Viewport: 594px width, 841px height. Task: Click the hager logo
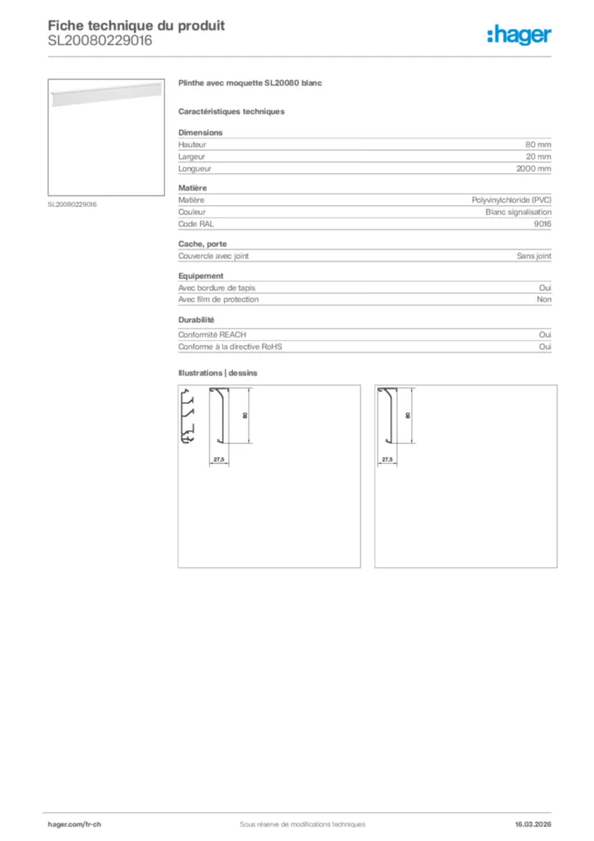click(519, 34)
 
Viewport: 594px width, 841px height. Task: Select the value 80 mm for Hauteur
click(538, 145)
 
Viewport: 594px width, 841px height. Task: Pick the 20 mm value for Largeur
click(538, 156)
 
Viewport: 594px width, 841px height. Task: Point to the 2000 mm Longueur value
click(533, 168)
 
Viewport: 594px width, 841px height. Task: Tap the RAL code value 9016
click(542, 223)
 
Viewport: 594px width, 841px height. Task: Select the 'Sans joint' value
click(534, 255)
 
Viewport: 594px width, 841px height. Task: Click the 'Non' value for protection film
click(544, 299)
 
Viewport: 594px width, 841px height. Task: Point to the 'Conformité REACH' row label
click(212, 335)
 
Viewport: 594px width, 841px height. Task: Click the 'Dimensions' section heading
click(200, 132)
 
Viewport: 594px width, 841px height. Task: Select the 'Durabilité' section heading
click(196, 320)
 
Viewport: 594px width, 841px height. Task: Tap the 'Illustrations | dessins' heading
click(217, 373)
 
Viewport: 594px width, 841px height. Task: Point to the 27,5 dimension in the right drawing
click(387, 459)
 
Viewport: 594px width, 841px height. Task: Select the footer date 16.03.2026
click(532, 824)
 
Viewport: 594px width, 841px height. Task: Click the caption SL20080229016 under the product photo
click(72, 205)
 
